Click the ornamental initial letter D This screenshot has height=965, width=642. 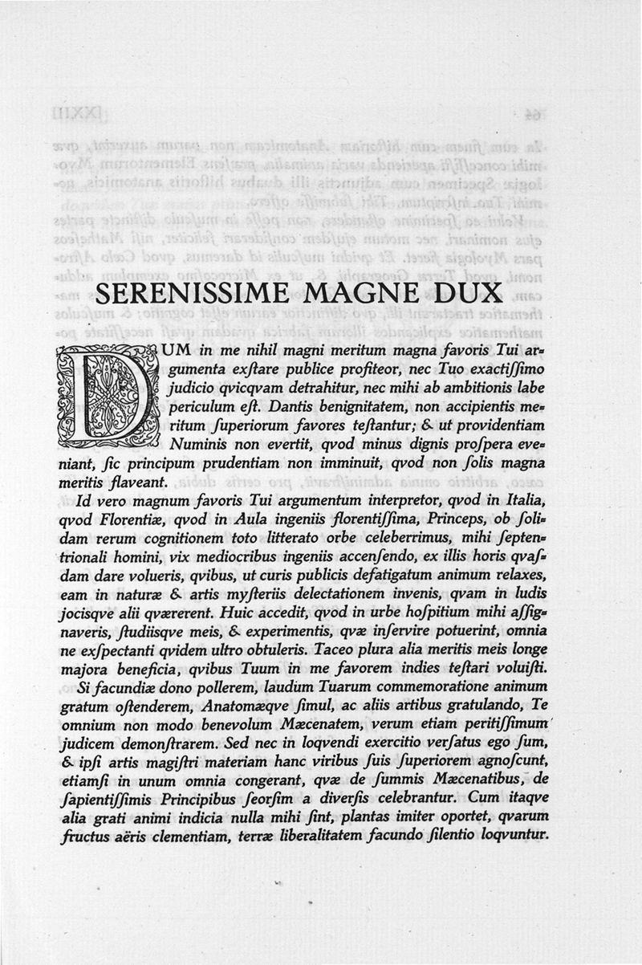pos(106,393)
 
